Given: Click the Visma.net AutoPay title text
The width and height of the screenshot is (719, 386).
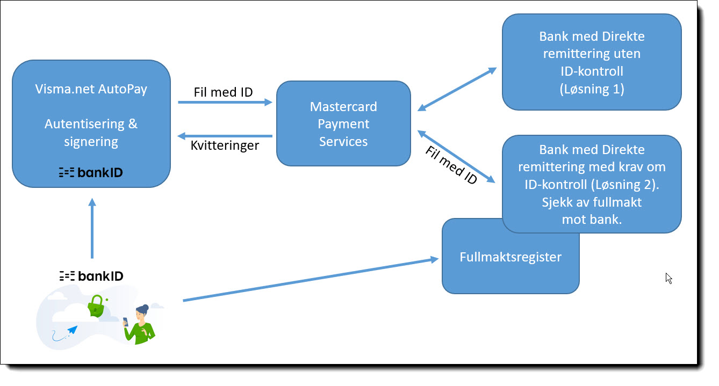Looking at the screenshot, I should coord(91,89).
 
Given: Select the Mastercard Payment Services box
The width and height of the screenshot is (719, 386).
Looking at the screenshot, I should coord(343,123).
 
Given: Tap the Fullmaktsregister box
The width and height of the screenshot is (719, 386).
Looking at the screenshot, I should coord(510,257).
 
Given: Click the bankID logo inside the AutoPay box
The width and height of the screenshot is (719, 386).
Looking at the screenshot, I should coord(91,172).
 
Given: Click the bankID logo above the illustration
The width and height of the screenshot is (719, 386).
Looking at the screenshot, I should coord(91,276).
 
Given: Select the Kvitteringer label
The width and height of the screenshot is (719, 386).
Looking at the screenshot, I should coord(225,145).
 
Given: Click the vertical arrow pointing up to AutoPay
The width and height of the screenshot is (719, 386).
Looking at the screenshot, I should coord(92,228).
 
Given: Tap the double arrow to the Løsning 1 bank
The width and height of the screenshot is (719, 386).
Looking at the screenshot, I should coord(456,90).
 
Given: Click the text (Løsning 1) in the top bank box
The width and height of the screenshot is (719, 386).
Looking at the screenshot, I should coord(591,89).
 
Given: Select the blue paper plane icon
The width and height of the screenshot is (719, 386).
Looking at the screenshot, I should coord(71,329).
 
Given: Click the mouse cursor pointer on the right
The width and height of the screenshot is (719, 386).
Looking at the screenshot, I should coord(668,278).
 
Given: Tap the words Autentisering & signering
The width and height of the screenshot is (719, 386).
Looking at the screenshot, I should coord(91,133).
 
